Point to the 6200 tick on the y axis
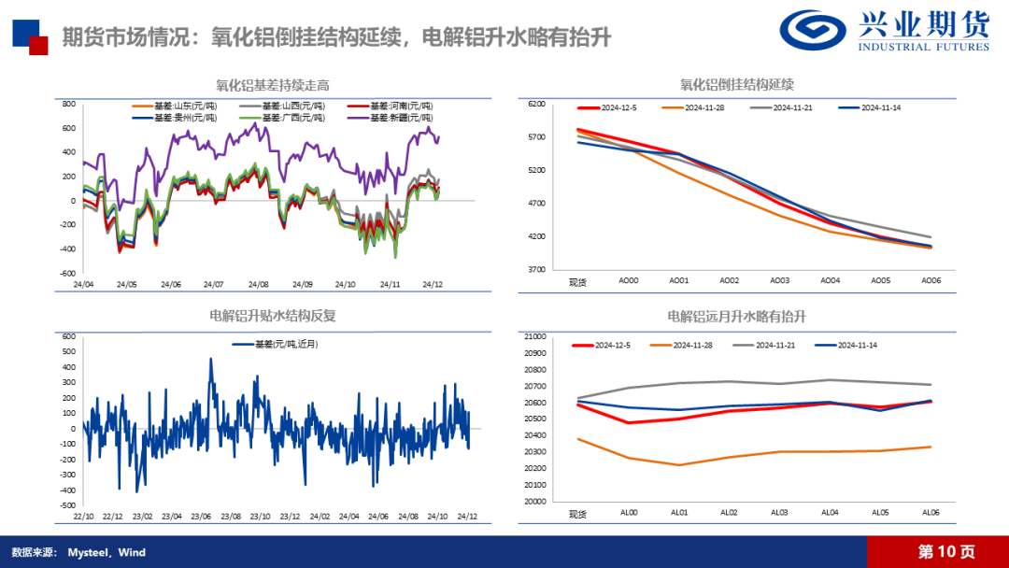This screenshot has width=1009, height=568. [x=535, y=105]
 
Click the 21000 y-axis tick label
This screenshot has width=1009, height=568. [x=535, y=336]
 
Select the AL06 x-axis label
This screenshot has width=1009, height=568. [x=931, y=513]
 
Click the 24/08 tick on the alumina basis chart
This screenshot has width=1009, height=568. [x=259, y=284]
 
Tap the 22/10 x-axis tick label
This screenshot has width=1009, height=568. [x=83, y=516]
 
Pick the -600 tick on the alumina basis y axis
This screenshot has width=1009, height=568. [x=69, y=274]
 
